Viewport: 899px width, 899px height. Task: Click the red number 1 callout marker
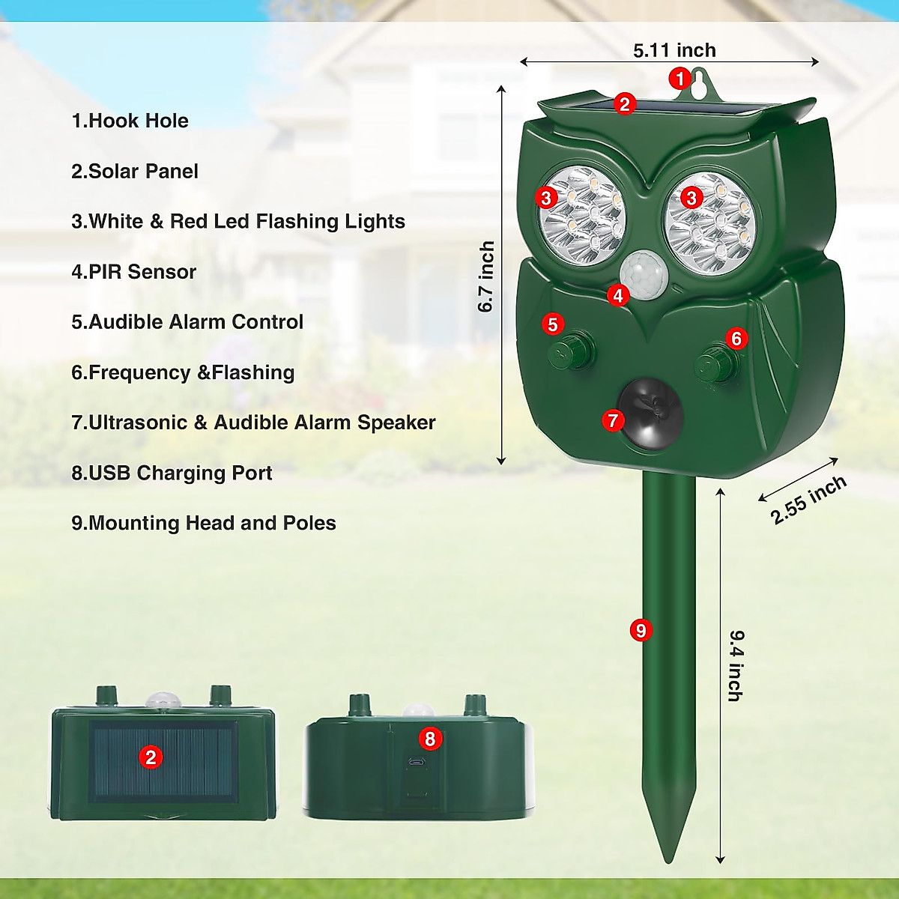[x=679, y=78]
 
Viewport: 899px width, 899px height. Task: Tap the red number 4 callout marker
[x=617, y=296]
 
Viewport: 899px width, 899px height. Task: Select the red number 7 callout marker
[x=613, y=420]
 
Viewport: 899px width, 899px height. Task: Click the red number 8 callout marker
[x=429, y=739]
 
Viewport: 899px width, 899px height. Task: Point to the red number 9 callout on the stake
[x=641, y=630]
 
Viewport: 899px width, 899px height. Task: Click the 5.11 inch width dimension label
[x=674, y=50]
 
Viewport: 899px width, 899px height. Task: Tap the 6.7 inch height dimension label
[x=486, y=276]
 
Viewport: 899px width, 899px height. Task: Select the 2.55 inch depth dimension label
[x=808, y=500]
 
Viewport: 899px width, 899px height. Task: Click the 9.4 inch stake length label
[x=736, y=665]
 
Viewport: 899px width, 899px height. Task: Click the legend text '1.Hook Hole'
[x=130, y=121]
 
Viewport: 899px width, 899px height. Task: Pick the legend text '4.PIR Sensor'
[x=133, y=272]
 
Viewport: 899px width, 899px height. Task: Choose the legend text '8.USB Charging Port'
[x=172, y=473]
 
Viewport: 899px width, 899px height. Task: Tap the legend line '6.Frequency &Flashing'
[x=183, y=372]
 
